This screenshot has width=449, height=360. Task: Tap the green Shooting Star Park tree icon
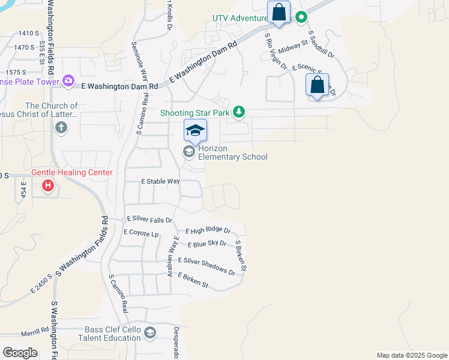pyautogui.click(x=239, y=112)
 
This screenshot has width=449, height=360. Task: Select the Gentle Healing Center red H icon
pyautogui.click(x=48, y=186)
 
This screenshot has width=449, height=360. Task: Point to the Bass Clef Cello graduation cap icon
pyautogui.click(x=150, y=333)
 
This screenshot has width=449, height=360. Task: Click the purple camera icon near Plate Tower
pyautogui.click(x=68, y=80)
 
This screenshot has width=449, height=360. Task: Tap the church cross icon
pyautogui.click(x=60, y=127)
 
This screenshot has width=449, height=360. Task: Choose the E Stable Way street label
pyautogui.click(x=160, y=181)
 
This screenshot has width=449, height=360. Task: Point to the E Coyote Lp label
pyautogui.click(x=141, y=232)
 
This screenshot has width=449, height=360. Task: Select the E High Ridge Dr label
pyautogui.click(x=208, y=230)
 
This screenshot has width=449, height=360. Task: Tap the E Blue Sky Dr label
pyautogui.click(x=206, y=244)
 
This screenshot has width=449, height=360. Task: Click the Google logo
pyautogui.click(x=20, y=352)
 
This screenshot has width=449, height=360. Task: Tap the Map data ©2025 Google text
pyautogui.click(x=411, y=355)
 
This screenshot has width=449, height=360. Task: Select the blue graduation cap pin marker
pyautogui.click(x=195, y=131)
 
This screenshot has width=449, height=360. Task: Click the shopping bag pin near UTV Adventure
pyautogui.click(x=279, y=12)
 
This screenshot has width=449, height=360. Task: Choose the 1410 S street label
pyautogui.click(x=28, y=33)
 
